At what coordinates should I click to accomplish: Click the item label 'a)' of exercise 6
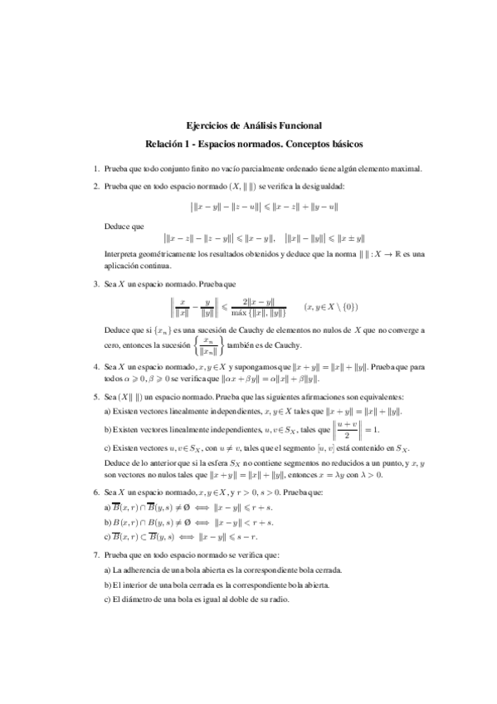[x=108, y=507]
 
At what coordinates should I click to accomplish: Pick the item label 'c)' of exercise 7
[x=108, y=600]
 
